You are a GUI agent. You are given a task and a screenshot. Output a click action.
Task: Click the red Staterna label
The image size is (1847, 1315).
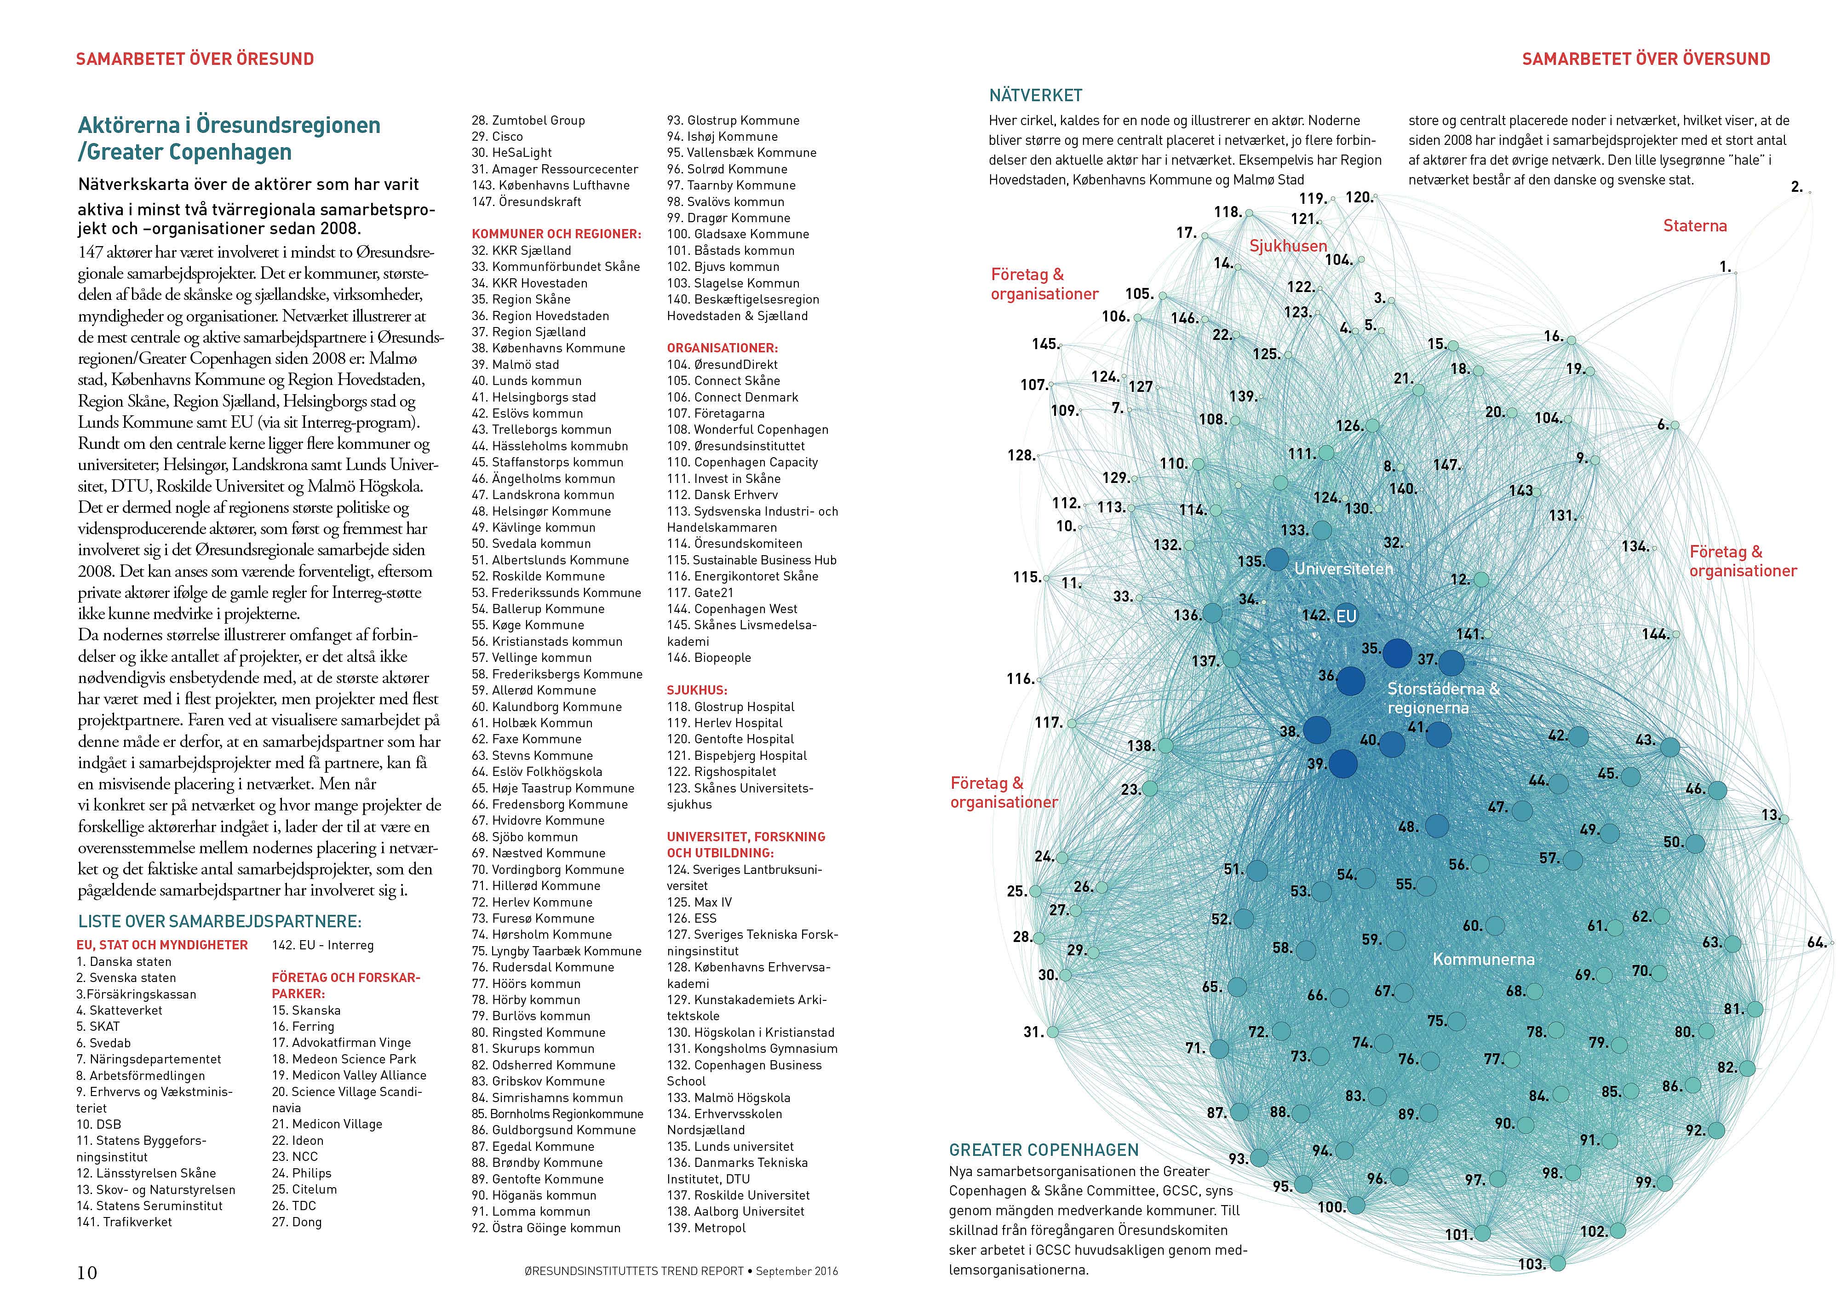click(1695, 226)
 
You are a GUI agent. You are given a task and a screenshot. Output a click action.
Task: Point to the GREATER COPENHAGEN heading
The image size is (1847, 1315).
click(1044, 1150)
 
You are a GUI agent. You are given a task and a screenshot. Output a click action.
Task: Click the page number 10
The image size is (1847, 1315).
click(86, 1272)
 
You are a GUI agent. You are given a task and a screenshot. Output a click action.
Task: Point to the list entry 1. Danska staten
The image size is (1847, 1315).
click(124, 961)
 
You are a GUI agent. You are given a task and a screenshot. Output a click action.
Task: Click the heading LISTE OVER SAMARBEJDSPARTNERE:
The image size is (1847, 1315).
click(219, 921)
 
